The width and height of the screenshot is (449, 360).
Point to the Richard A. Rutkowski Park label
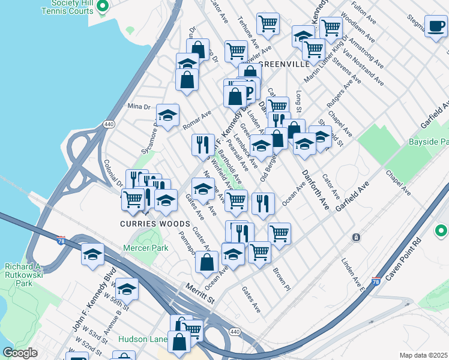[x=22, y=274]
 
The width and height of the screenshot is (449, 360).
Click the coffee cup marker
[x=436, y=26]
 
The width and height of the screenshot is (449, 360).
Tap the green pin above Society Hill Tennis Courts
[x=102, y=7]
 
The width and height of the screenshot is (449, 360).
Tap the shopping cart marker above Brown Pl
[x=279, y=233]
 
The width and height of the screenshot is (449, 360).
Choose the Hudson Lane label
[x=142, y=339]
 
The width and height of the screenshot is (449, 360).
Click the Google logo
[x=20, y=353]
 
